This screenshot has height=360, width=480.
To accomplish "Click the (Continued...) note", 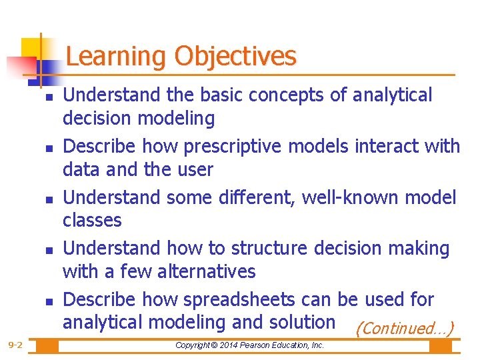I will point(405,329).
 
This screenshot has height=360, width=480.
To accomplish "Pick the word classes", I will point(92,220).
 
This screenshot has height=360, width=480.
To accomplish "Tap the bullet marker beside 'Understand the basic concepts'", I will point(41,97).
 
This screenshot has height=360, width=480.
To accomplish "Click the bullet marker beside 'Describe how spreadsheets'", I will point(41,301).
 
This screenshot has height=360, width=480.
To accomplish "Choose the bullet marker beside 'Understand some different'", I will point(41,199).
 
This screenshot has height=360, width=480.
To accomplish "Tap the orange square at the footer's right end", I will point(440,346).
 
